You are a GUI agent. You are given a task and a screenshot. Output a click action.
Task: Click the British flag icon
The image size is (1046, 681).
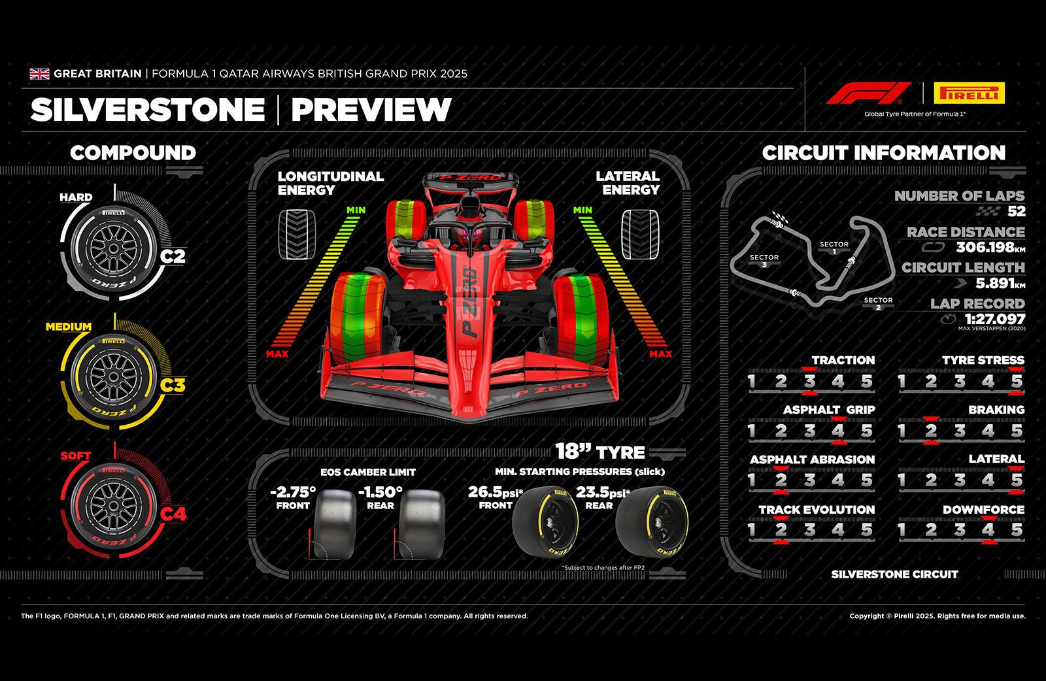coord(39,74)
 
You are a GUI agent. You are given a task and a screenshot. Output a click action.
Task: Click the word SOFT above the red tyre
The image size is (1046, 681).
coord(76,456)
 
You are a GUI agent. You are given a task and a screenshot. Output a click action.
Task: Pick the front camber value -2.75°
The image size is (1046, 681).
coord(293,491)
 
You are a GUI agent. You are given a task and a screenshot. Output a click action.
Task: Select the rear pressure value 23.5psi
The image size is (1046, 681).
coord(603,492)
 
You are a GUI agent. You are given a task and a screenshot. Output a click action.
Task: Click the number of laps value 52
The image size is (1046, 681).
coord(1016,211)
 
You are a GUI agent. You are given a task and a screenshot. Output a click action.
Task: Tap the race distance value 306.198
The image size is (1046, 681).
coord(984,247)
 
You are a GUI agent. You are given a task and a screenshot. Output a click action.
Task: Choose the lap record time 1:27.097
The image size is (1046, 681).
coord(994,319)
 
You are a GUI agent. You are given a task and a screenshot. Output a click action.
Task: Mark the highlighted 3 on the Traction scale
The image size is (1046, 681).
coord(809,382)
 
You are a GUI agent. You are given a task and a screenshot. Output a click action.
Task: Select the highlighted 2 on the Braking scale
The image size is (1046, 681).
coord(931,431)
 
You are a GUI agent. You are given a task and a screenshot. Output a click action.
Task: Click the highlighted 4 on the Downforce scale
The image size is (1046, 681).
coord(988,529)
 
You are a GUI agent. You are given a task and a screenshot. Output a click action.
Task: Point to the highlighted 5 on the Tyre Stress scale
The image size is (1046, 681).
coord(1016,382)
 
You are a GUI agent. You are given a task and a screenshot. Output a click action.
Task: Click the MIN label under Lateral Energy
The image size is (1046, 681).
coord(582,210)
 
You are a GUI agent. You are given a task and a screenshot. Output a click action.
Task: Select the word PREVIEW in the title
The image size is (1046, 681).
coord(371,110)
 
